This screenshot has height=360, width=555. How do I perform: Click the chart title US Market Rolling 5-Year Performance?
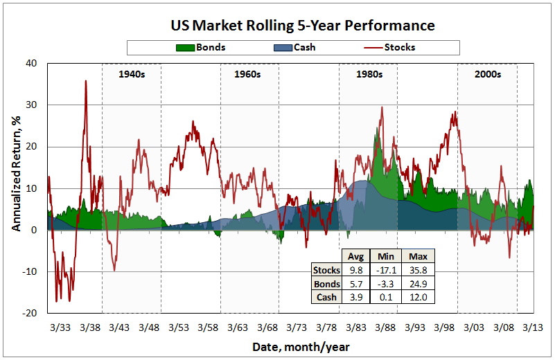pyautogui.click(x=303, y=26)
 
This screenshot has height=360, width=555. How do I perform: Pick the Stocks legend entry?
pyautogui.click(x=398, y=48)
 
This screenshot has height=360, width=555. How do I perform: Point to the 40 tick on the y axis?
pyautogui.click(x=31, y=63)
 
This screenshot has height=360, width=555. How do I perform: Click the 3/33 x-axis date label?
pyautogui.click(x=60, y=326)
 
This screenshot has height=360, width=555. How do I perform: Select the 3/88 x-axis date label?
pyautogui.click(x=385, y=326)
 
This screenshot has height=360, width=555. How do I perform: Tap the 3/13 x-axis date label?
pyautogui.click(x=532, y=326)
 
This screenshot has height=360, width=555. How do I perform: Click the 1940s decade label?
pyautogui.click(x=132, y=73)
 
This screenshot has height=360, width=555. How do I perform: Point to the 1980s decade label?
pyautogui.click(x=369, y=73)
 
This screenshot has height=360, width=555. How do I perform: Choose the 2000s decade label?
pyautogui.click(x=487, y=73)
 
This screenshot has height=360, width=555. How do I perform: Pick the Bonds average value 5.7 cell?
pyautogui.click(x=355, y=284)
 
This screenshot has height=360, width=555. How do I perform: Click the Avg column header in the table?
pyautogui.click(x=355, y=255)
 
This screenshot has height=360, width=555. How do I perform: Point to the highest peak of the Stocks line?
pyautogui.click(x=85, y=81)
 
